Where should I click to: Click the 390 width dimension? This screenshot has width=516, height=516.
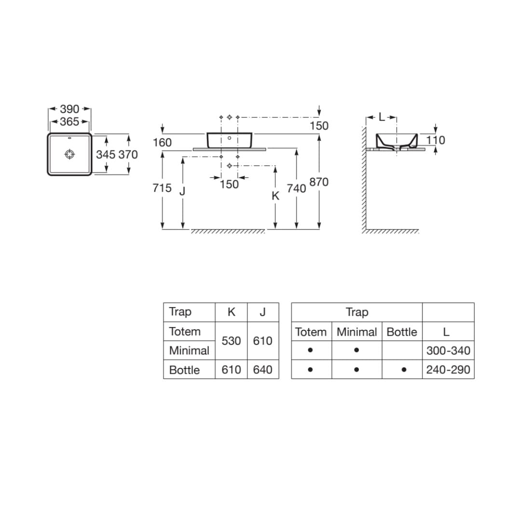(x=69, y=109)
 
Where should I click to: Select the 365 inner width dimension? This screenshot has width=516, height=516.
(x=69, y=122)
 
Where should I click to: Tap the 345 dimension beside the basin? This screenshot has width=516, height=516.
(x=106, y=154)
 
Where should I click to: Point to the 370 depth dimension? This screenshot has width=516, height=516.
(x=128, y=154)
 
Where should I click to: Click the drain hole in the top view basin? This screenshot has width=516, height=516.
(x=70, y=154)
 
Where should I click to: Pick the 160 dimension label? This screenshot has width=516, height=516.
(x=162, y=142)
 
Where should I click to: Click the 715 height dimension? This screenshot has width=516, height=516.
(x=162, y=188)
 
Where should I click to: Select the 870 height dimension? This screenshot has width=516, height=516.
(x=319, y=182)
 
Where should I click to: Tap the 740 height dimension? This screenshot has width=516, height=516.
(x=296, y=189)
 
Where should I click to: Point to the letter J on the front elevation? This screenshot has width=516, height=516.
(x=183, y=191)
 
